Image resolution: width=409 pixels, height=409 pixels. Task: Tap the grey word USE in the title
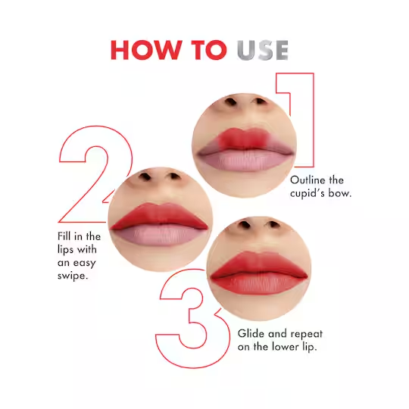(x=262, y=50)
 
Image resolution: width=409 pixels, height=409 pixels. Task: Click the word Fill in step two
(x=64, y=236)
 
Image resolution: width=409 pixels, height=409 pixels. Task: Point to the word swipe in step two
(x=73, y=276)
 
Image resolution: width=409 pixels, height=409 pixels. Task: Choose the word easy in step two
(x=85, y=264)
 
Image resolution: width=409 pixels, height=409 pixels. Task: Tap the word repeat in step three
(x=307, y=334)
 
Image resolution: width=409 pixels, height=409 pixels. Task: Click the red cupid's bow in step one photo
(x=244, y=138)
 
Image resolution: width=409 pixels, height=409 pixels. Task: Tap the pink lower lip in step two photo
(x=160, y=235)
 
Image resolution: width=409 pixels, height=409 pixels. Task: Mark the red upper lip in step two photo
(x=159, y=216)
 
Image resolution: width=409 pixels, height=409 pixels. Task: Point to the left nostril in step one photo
(x=230, y=101)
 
